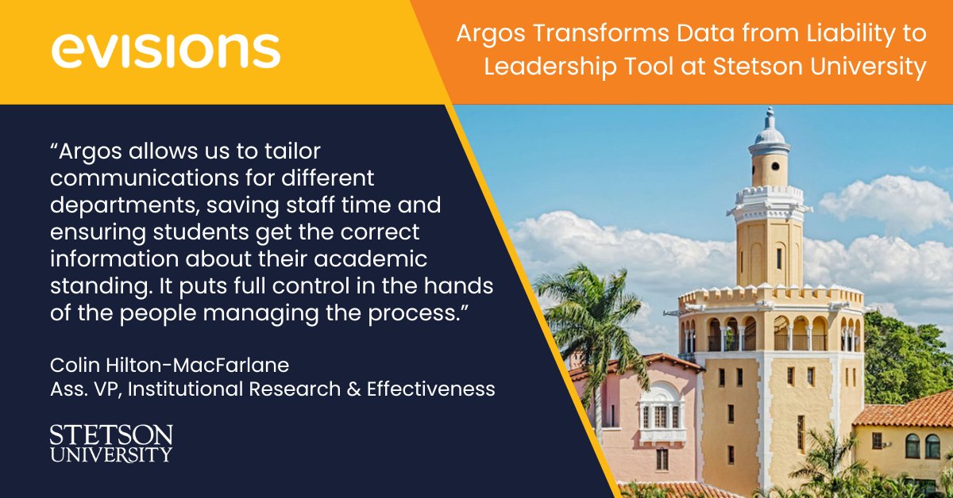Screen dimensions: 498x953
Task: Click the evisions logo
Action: tap(166, 51)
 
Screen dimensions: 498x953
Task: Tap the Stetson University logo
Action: tap(110, 443)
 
